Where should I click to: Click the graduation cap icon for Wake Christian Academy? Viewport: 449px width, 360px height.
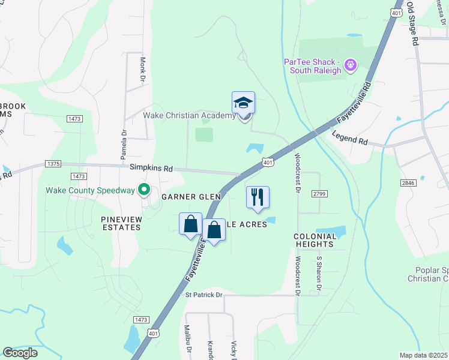(x=243, y=103)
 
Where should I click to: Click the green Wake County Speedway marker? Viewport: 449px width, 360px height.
(x=143, y=191)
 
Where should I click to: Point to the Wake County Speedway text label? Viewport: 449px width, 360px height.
(x=90, y=191)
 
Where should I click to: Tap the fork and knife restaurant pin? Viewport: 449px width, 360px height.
(x=258, y=197)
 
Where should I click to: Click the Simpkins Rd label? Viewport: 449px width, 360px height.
(x=147, y=169)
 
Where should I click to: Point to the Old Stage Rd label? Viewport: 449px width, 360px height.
(x=412, y=24)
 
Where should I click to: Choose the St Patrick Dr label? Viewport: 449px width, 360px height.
(x=203, y=295)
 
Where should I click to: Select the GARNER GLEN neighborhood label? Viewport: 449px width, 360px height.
(x=191, y=197)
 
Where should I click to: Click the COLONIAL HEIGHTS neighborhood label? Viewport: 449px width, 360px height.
(x=315, y=240)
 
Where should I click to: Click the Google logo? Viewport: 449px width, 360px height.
(x=20, y=353)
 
